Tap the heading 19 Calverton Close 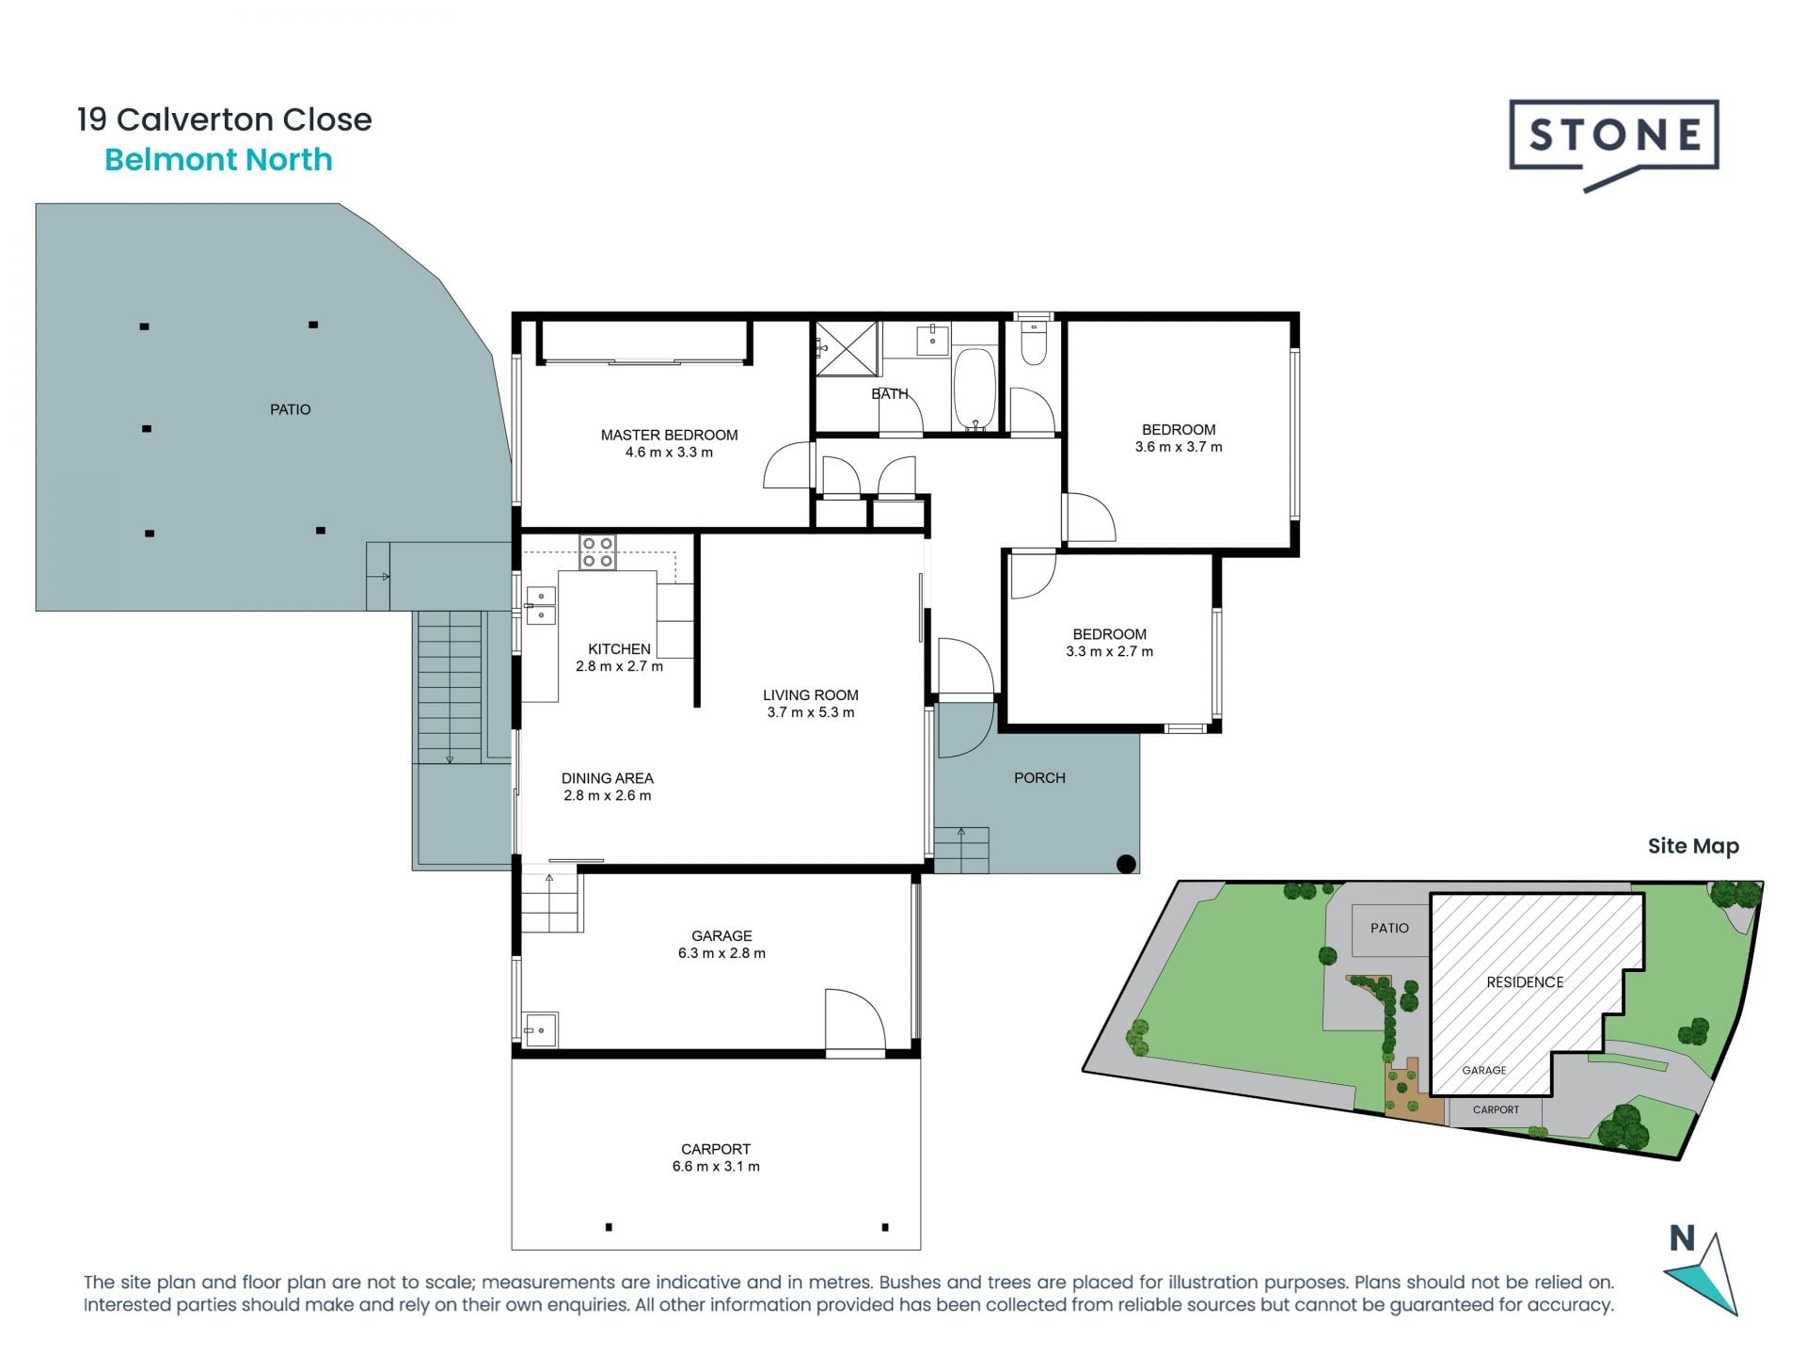[x=225, y=120]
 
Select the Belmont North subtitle [x=218, y=160]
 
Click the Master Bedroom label [x=669, y=435]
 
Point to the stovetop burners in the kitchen [x=597, y=552]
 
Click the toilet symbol [x=1033, y=344]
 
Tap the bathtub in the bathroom [x=974, y=390]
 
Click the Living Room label [x=810, y=695]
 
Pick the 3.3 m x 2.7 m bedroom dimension [x=1109, y=651]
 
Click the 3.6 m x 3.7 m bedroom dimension [x=1179, y=447]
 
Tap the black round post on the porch [x=1126, y=863]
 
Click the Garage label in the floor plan [x=721, y=935]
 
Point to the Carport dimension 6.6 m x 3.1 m [x=716, y=1167]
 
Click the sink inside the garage [x=541, y=1030]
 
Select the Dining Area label [x=607, y=778]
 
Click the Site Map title [x=1693, y=846]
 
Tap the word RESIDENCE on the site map [x=1525, y=982]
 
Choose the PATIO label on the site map [x=1389, y=928]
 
